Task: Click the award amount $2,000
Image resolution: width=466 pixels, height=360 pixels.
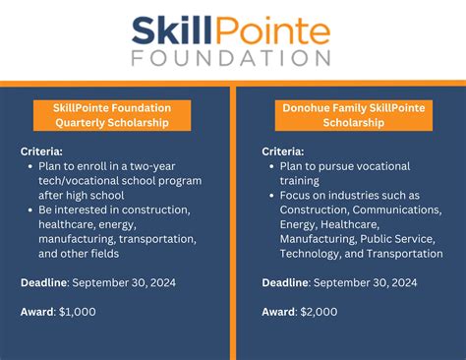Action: [318, 311]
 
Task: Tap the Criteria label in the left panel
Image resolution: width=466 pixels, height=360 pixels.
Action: [41, 152]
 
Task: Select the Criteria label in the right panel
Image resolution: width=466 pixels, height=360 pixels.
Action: [282, 152]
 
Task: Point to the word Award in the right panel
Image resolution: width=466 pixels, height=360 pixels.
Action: [278, 311]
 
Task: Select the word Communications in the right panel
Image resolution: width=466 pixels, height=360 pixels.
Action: [389, 210]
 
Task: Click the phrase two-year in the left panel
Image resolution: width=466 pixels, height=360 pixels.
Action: [171, 167]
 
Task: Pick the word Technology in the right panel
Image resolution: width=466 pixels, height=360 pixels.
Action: [317, 254]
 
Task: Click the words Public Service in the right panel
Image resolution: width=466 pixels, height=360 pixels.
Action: [403, 239]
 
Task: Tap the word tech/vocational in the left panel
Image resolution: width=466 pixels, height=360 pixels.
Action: [78, 182]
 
